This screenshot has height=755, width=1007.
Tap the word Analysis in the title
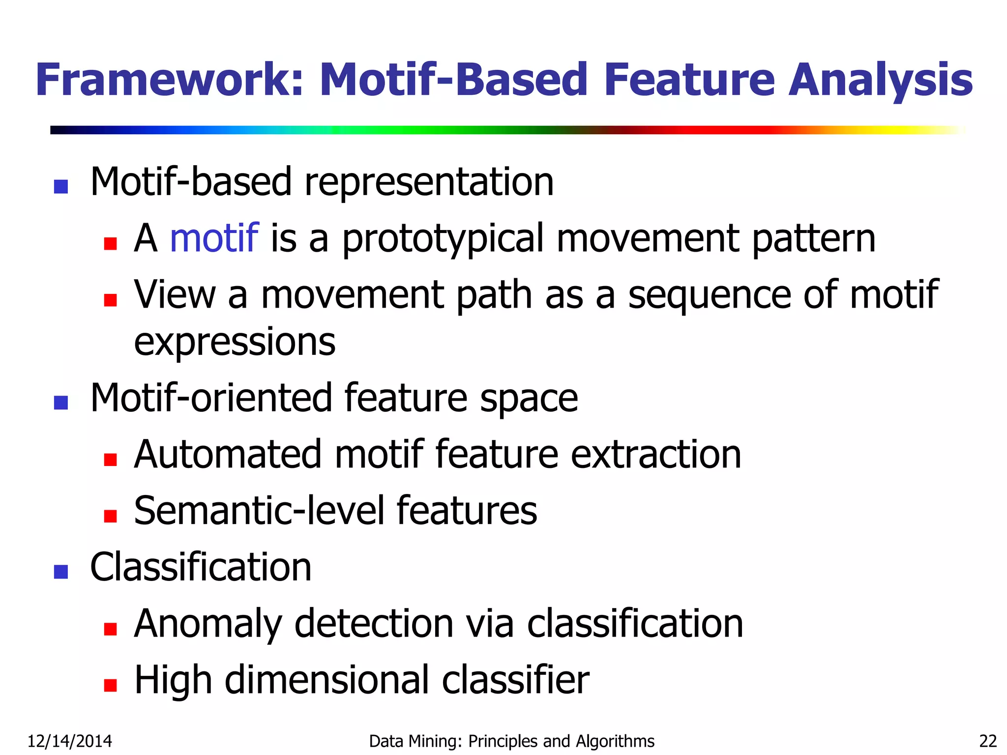[x=880, y=80]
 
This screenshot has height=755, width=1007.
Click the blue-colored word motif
[x=214, y=238]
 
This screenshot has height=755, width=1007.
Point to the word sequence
[x=710, y=295]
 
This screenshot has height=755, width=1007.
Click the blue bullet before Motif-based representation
[x=61, y=187]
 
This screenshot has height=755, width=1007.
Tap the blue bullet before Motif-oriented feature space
[x=61, y=403]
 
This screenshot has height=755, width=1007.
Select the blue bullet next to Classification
[x=61, y=572]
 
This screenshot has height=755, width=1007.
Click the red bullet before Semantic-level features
[x=111, y=516]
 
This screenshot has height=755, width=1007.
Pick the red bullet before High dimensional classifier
[x=111, y=685]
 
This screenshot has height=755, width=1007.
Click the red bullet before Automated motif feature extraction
[x=111, y=460]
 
